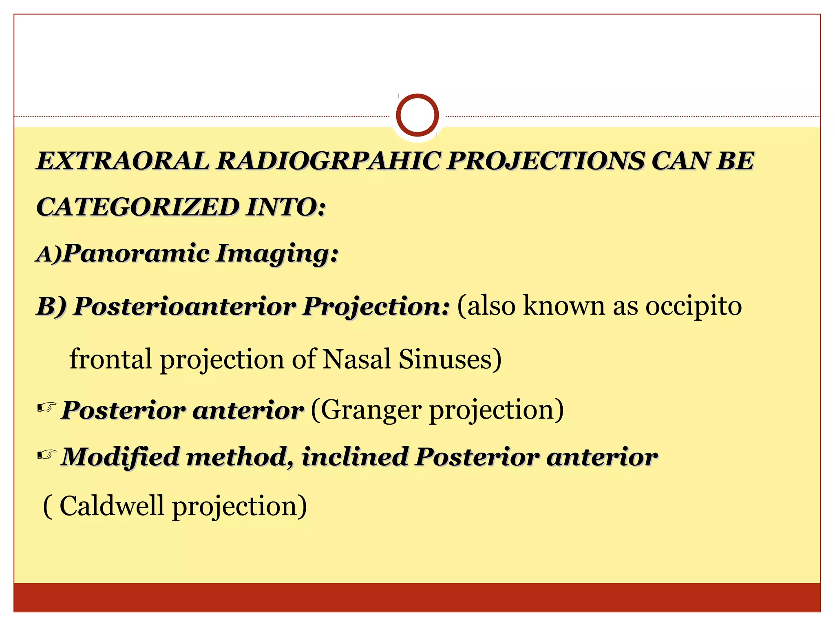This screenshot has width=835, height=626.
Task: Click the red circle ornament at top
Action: pyautogui.click(x=417, y=115)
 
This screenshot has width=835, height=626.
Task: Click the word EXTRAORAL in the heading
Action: pyautogui.click(x=123, y=161)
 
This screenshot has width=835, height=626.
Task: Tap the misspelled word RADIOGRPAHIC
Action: pyautogui.click(x=329, y=161)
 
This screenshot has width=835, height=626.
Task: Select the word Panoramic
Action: pyautogui.click(x=137, y=253)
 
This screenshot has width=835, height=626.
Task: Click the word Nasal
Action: pyautogui.click(x=357, y=359)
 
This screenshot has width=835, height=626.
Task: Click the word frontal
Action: pyautogui.click(x=110, y=359)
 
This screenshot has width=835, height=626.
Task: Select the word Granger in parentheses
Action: pyautogui.click(x=371, y=410)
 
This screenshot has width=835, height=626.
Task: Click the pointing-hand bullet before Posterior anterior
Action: pyautogui.click(x=46, y=408)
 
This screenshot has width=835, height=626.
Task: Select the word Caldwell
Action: pyautogui.click(x=112, y=506)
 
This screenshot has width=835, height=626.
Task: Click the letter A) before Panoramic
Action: pyautogui.click(x=49, y=254)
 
